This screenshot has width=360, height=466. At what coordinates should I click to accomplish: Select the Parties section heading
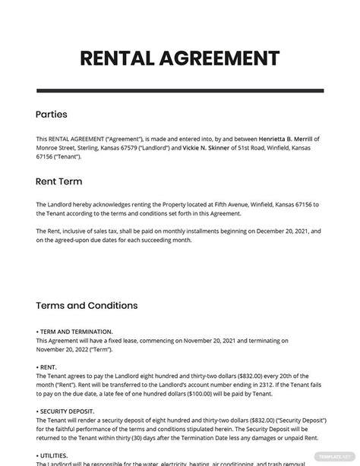pos(52,115)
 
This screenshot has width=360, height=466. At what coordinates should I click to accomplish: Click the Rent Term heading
pos(59,181)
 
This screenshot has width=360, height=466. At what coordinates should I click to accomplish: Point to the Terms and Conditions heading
pos(87,306)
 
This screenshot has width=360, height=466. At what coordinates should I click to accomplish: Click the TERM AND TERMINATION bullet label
pos(75,332)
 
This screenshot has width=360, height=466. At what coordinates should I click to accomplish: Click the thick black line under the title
pos(180,92)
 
